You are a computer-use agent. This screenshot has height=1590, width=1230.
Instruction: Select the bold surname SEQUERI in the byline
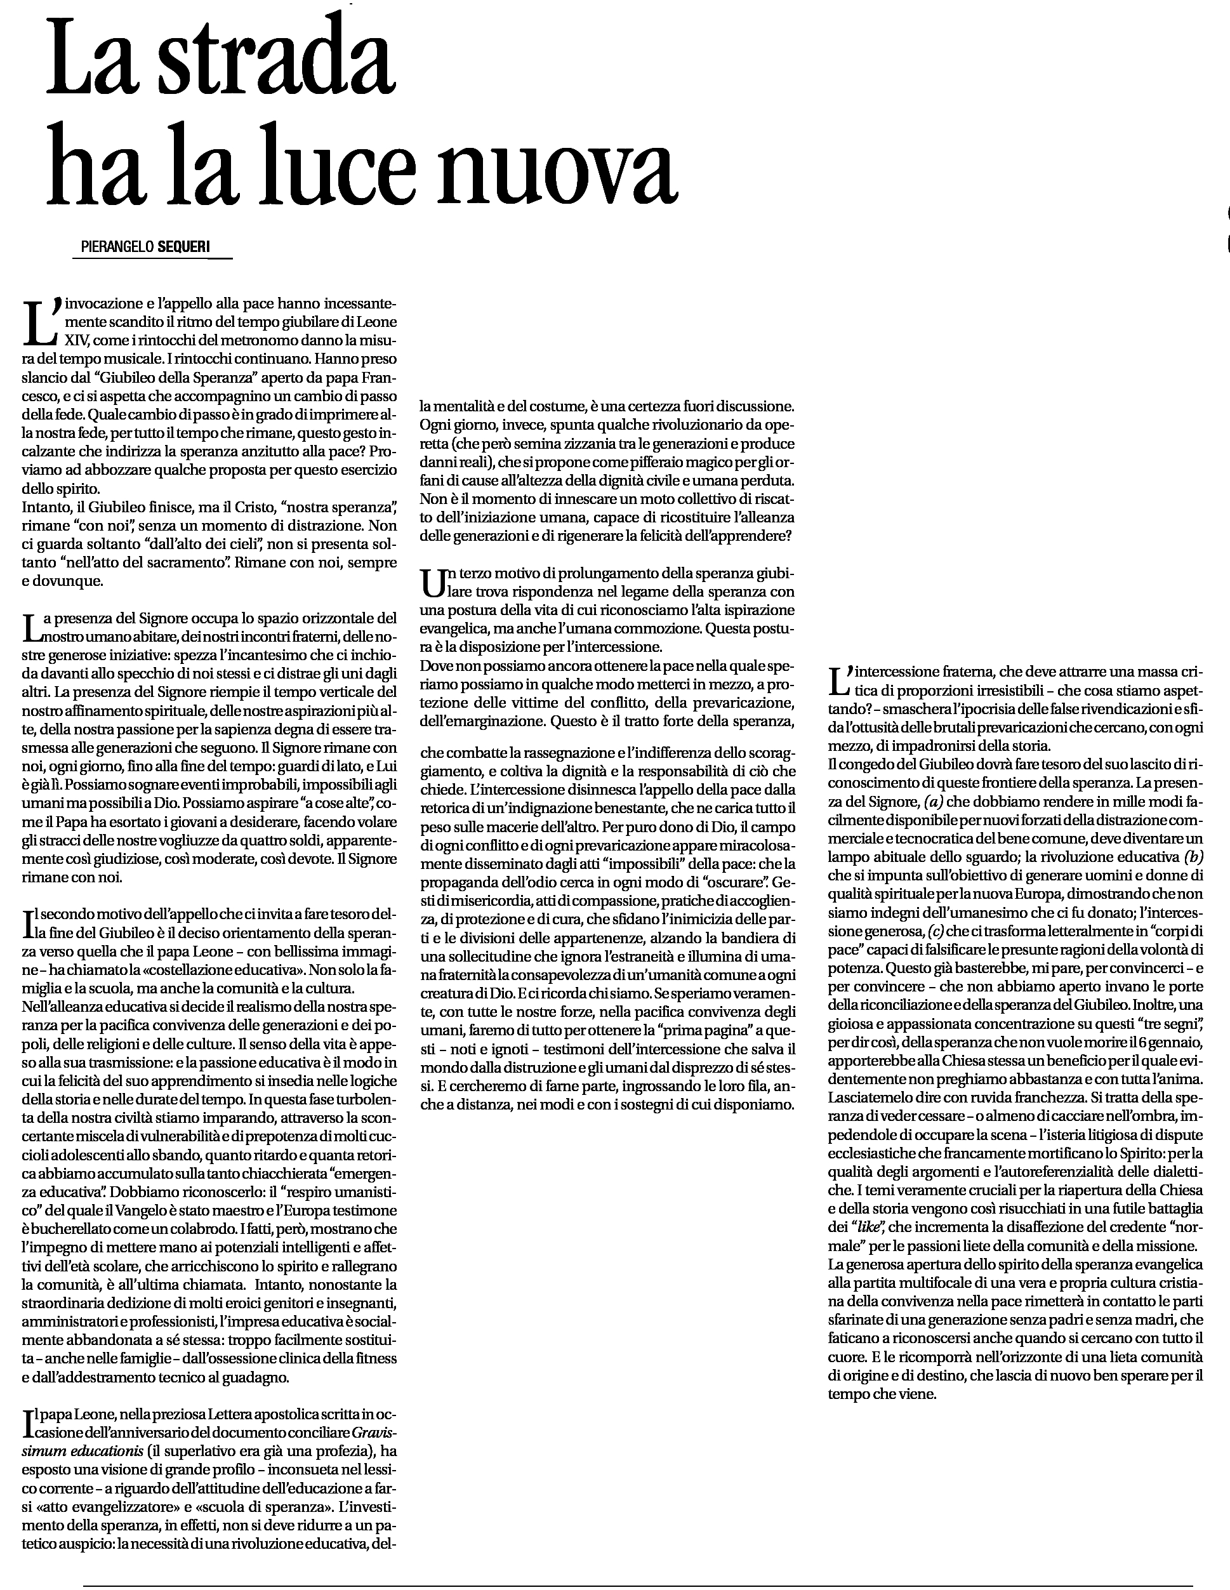pyautogui.click(x=183, y=247)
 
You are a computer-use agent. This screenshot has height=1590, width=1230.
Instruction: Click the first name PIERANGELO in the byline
pyautogui.click(x=119, y=247)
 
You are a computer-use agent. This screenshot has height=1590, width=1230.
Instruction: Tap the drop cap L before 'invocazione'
pyautogui.click(x=40, y=321)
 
